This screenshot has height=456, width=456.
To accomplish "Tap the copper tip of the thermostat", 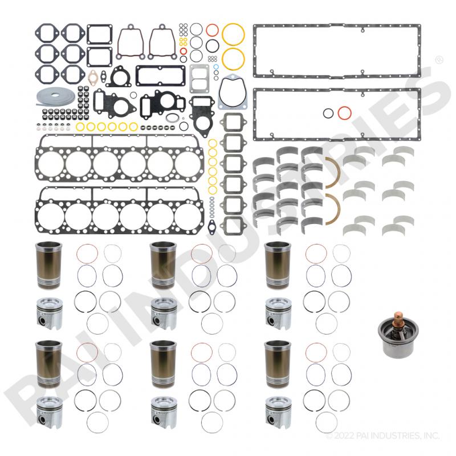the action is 397,317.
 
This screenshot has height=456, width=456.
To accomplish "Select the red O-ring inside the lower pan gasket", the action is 345,113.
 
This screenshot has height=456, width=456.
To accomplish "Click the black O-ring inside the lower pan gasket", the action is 328,113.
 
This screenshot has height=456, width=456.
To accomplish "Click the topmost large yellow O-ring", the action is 233,34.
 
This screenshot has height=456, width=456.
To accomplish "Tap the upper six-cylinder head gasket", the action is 120,158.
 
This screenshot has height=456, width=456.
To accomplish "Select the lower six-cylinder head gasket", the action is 120,210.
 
